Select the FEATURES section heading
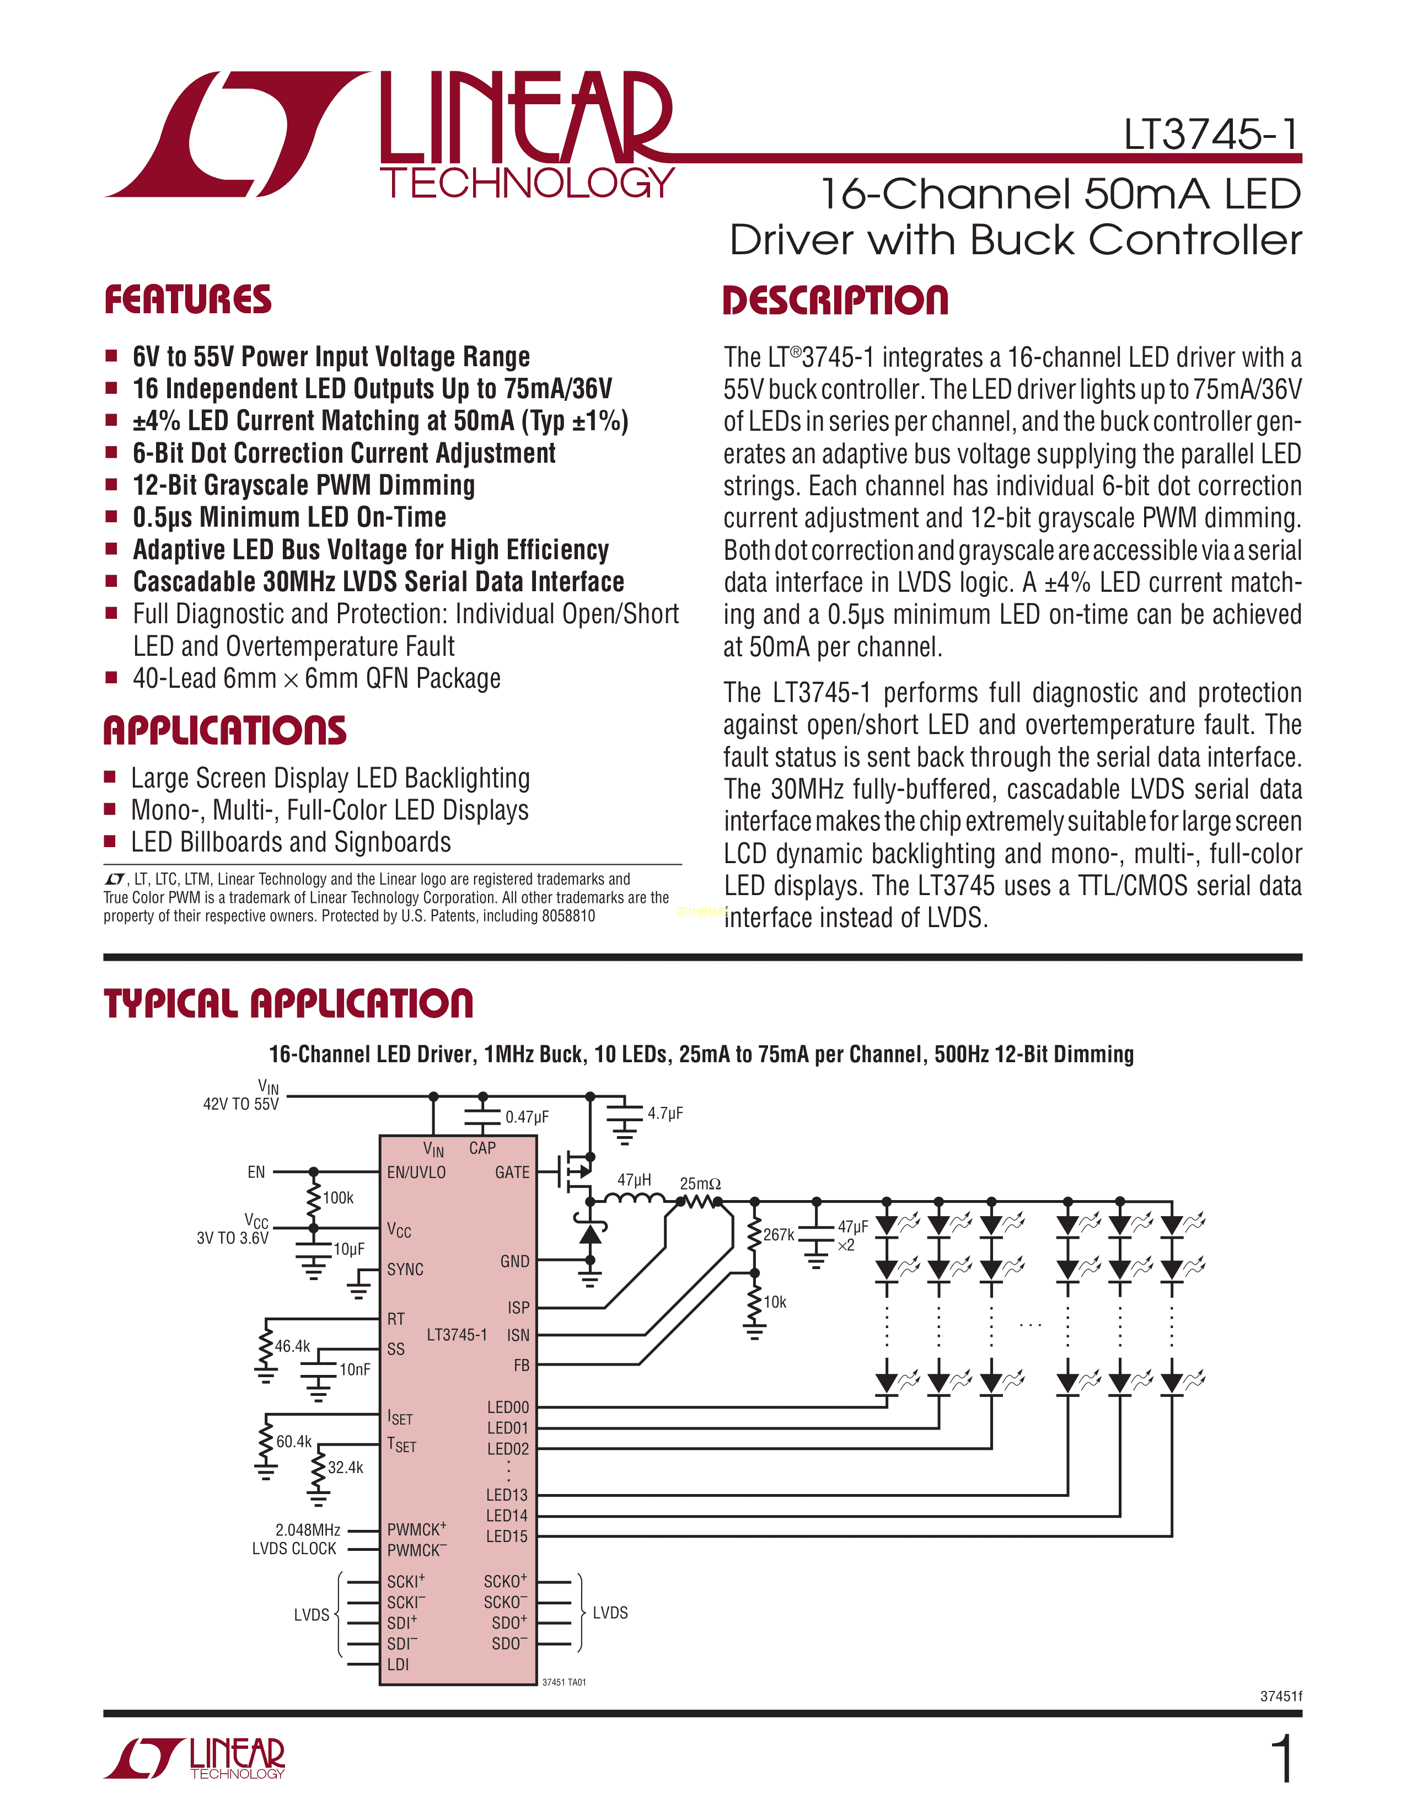click(x=187, y=300)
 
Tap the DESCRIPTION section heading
click(x=835, y=301)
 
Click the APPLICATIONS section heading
click(x=225, y=731)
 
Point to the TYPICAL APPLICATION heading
click(x=288, y=1003)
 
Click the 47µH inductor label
click(x=634, y=1180)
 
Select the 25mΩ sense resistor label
click(x=700, y=1184)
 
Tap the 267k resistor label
click(x=779, y=1234)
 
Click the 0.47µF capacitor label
click(x=527, y=1117)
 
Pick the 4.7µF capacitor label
click(x=666, y=1114)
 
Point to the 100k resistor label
click(x=338, y=1197)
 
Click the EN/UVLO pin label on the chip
click(x=416, y=1173)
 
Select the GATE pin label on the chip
click(x=512, y=1173)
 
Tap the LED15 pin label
click(x=507, y=1536)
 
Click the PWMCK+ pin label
click(x=416, y=1529)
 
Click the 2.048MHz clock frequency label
click(x=307, y=1530)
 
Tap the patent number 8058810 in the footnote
click(x=568, y=916)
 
